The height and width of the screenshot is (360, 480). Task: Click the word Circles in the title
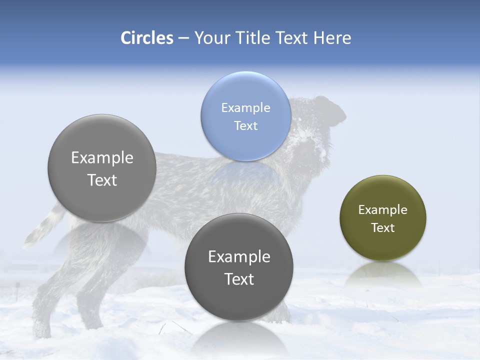[147, 38]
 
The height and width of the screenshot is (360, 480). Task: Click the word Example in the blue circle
[245, 108]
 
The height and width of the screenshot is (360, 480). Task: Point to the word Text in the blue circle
[245, 126]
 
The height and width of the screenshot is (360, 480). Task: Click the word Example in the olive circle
[382, 210]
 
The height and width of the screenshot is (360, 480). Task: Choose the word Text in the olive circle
[382, 228]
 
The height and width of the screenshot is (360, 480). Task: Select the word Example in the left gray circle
[102, 158]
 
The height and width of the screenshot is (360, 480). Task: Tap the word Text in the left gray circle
[102, 180]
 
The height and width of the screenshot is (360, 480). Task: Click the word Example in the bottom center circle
[239, 257]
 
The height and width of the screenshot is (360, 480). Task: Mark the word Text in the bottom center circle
[239, 279]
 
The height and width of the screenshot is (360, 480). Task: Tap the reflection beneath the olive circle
[383, 273]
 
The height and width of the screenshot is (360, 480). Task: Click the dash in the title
[183, 38]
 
